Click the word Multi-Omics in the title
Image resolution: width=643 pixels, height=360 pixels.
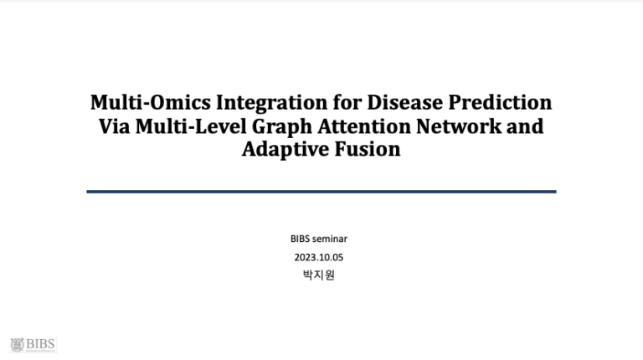151,102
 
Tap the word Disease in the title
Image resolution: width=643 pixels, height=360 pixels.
404,102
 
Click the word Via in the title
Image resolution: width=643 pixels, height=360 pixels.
114,126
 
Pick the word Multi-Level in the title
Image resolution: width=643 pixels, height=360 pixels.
191,126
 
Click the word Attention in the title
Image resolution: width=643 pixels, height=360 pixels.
364,126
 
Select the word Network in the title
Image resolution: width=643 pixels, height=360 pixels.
459,126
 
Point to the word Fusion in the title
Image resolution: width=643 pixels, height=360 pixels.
368,149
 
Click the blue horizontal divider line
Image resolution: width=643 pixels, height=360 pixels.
321,192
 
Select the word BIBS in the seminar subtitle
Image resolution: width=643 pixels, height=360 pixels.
300,239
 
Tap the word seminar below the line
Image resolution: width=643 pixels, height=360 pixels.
330,239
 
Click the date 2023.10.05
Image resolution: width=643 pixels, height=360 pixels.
319,258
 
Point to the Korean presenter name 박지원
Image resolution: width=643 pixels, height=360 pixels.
319,275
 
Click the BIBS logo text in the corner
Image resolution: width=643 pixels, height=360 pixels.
40,343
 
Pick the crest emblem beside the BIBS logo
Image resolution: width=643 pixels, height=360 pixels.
18,344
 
